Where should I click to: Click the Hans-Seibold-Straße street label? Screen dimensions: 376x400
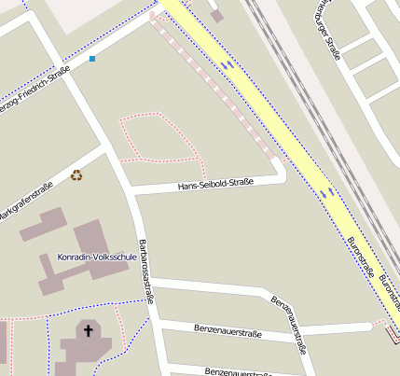click(215, 185)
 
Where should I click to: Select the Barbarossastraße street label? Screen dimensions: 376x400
click(145, 272)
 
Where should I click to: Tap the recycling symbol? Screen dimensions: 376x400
click(76, 174)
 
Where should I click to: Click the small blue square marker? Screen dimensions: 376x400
click(92, 59)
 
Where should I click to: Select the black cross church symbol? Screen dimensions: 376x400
click(90, 329)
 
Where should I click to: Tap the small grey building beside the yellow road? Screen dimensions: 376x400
click(217, 15)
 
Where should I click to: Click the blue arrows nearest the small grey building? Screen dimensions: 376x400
click(227, 64)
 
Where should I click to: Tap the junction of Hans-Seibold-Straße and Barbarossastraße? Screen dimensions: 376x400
click(131, 190)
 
